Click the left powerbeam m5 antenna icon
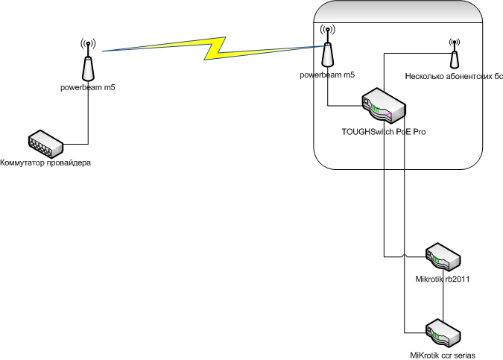click(x=87, y=63)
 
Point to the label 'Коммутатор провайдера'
click(x=45, y=162)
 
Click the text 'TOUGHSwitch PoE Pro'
click(x=384, y=131)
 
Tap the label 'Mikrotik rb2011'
click(x=441, y=279)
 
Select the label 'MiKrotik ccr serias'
click(x=443, y=354)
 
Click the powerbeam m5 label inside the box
click(x=327, y=76)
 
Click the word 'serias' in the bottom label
click(x=463, y=354)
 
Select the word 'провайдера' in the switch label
click(x=68, y=162)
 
